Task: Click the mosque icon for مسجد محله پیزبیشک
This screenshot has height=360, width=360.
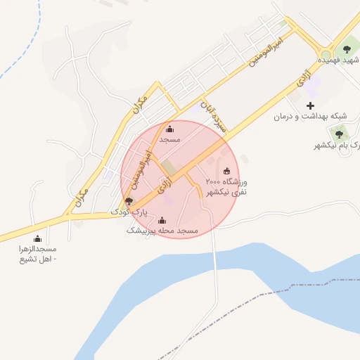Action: [x=162, y=220]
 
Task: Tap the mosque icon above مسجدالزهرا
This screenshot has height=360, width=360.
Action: [x=37, y=239]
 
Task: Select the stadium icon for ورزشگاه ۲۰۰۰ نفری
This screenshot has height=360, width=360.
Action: [x=226, y=171]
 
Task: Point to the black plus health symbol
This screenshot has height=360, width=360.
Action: [x=310, y=105]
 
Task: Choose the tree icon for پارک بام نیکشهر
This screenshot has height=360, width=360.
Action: [x=340, y=134]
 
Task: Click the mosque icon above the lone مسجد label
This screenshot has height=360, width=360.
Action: [x=169, y=129]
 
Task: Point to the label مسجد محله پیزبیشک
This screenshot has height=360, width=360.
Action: [x=162, y=231]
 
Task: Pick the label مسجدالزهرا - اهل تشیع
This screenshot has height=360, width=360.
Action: [x=37, y=254]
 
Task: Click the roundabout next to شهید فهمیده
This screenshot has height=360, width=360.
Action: [x=325, y=53]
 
